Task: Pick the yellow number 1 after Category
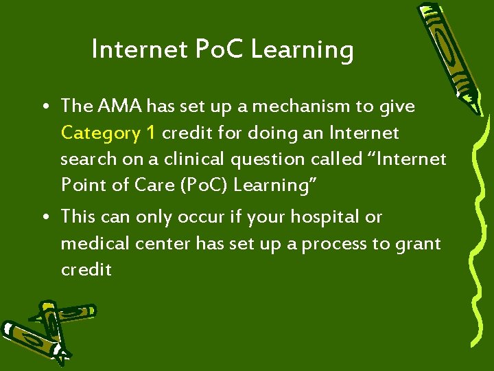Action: coord(151,133)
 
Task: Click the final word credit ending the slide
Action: coord(86,269)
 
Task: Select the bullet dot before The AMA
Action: coord(43,107)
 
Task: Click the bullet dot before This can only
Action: coord(43,218)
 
